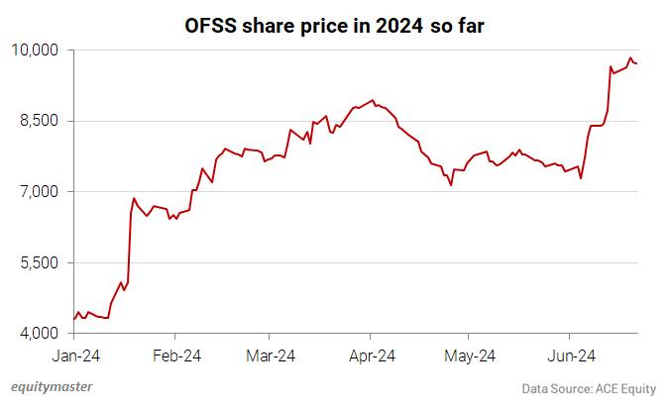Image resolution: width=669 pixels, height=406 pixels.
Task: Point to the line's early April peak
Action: pyautogui.click(x=372, y=100)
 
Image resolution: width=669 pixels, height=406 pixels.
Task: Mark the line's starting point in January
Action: pyautogui.click(x=74, y=319)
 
